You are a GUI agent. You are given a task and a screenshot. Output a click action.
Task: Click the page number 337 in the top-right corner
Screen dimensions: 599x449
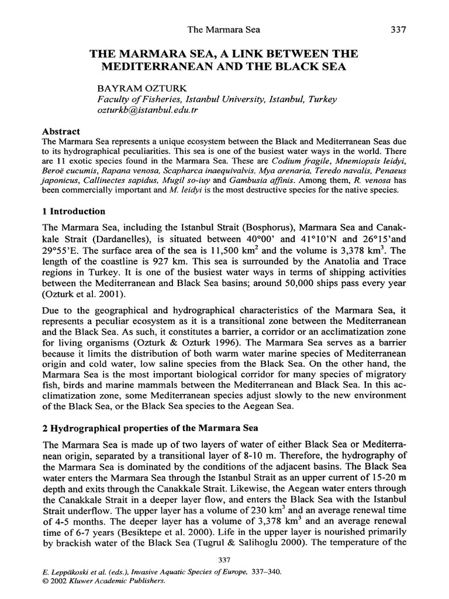[x=398, y=29]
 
